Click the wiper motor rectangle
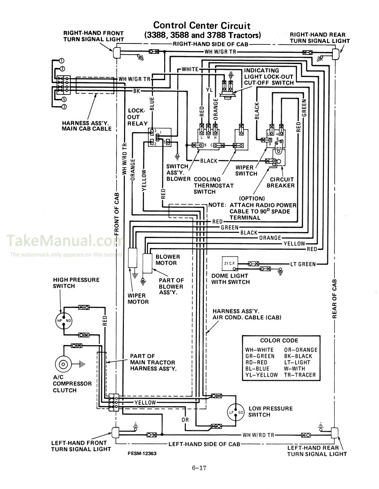[x=134, y=257]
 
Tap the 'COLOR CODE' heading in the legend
[x=279, y=340]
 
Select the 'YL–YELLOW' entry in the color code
[x=261, y=375]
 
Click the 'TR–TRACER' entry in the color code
[x=300, y=375]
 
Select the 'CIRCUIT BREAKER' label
[x=281, y=182]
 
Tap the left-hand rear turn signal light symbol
[x=335, y=434]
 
